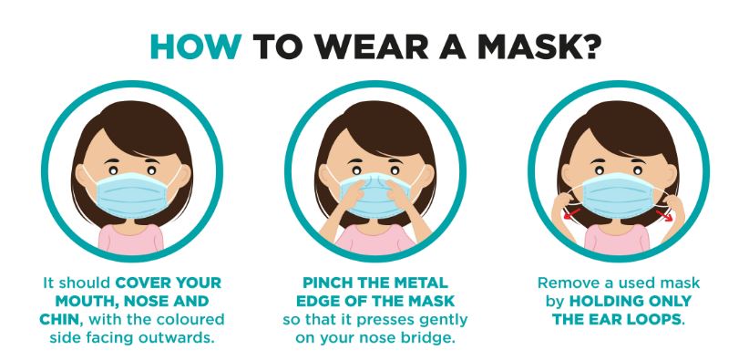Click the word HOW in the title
point(196,46)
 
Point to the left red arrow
point(572,213)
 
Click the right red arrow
point(663,215)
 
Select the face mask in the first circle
point(131,195)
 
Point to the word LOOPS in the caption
point(656,319)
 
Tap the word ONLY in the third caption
point(669,301)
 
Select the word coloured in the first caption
point(193,319)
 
